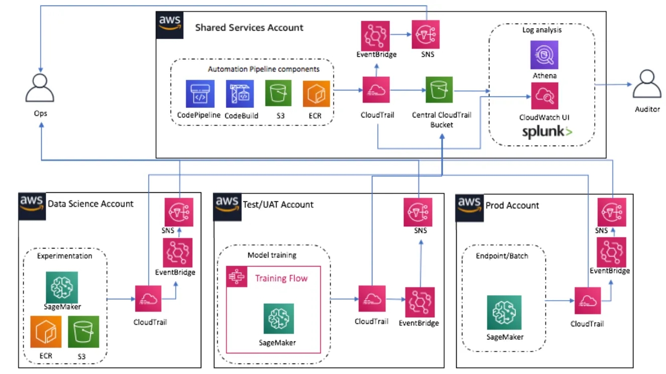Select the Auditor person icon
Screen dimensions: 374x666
tap(646, 85)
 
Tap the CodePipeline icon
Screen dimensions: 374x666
tap(200, 94)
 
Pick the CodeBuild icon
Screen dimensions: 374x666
tap(239, 94)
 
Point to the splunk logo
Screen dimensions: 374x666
tap(547, 132)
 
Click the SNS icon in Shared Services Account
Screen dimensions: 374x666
tap(425, 35)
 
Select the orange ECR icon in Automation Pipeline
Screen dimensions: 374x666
tap(316, 94)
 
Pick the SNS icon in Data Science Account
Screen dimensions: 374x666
tap(179, 212)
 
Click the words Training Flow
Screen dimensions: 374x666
tap(281, 278)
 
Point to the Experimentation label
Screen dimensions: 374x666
tap(65, 256)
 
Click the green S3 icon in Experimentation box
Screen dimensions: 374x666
tap(84, 332)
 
